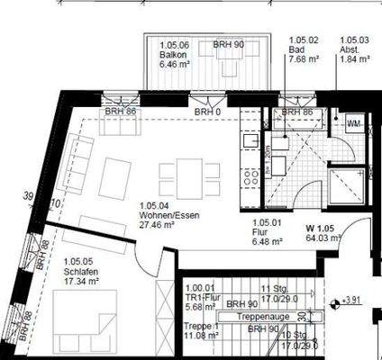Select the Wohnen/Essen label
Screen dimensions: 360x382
162,216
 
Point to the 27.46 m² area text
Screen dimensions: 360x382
157,226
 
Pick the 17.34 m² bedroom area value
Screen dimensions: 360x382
83,283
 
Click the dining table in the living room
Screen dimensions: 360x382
189,175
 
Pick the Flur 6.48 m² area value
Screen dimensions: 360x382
267,241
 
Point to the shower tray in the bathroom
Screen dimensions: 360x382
347,187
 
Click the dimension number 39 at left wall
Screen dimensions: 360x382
29,195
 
